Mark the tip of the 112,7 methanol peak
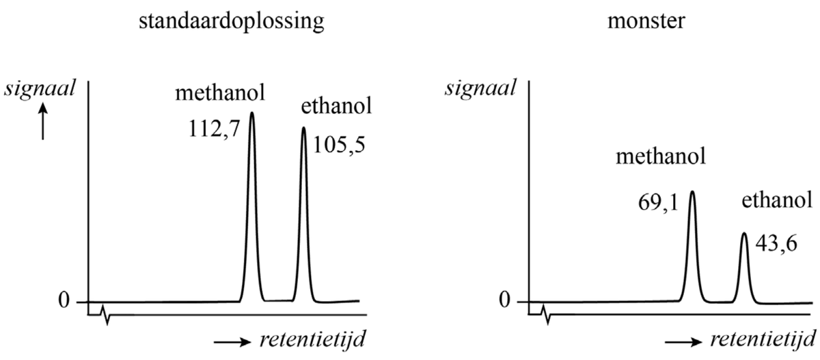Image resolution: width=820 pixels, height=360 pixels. (252, 113)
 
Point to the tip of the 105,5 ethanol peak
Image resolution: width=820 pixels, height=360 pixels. (304, 128)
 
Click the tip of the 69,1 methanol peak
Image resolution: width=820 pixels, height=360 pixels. (692, 192)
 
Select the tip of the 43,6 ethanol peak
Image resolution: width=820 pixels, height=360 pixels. (744, 234)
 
